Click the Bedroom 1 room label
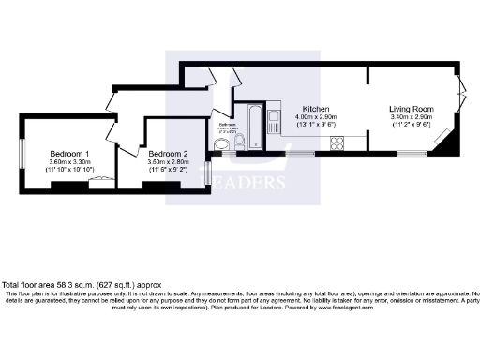point(70,153)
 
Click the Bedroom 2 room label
point(168,153)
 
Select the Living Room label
point(412,109)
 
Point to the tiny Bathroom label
point(227,124)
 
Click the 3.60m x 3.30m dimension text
point(70,161)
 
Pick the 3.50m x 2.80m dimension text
point(168,161)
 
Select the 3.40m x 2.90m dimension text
point(412,117)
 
